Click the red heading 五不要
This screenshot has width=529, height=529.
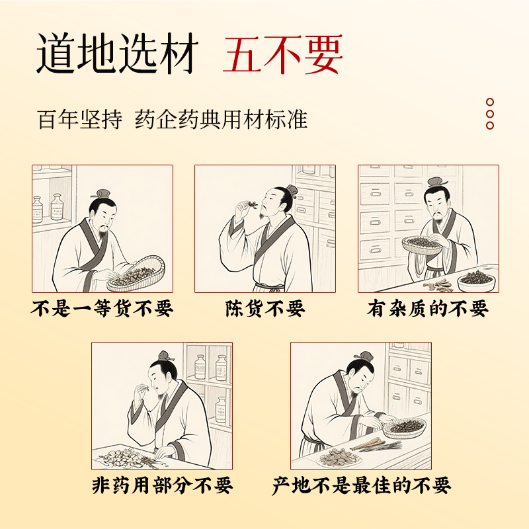pos(283,54)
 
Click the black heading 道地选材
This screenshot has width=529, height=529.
pos(117,54)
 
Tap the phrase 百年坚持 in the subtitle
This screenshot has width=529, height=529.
pos(79,120)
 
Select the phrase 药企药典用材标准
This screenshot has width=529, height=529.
pos(221,120)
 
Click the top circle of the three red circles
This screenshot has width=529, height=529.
pos(490,102)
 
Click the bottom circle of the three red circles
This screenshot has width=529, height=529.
pos(490,126)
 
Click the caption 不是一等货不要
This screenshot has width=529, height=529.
pos(102,308)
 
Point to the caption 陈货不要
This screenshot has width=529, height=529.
pos(265,308)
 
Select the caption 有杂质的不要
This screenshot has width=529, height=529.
pos(428,308)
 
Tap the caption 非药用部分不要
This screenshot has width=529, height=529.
pos(162,485)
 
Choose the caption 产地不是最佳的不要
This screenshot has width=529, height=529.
pos(361,485)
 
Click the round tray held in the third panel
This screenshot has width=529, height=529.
pos(422,245)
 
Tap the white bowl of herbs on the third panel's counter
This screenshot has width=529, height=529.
pos(476,282)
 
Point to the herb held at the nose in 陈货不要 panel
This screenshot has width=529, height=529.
pos(251,204)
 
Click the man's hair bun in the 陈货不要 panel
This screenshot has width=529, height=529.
pos(292,190)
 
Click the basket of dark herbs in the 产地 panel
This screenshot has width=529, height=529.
pos(405,428)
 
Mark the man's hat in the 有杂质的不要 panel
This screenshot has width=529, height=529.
pos(437,183)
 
